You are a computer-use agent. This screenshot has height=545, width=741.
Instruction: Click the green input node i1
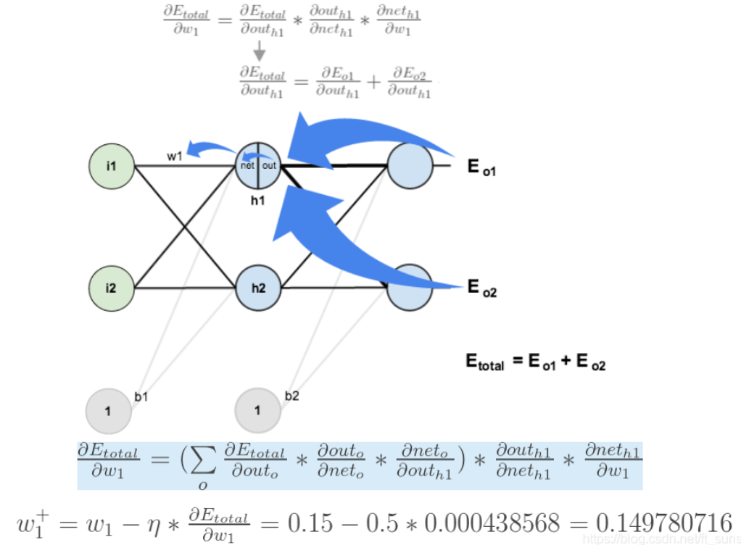[x=111, y=166]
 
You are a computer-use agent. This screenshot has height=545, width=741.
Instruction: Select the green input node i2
[x=111, y=288]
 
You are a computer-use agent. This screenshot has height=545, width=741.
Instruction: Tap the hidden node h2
[x=259, y=288]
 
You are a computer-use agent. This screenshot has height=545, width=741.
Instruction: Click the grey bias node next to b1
[x=108, y=411]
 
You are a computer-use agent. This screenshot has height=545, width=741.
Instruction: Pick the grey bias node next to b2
[x=257, y=411]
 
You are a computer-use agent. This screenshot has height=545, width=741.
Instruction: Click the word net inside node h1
[x=248, y=166]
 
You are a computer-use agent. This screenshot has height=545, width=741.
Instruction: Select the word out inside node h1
[x=269, y=166]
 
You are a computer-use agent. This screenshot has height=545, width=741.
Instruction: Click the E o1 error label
[x=482, y=167]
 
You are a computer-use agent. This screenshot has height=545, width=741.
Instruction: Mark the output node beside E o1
[x=410, y=166]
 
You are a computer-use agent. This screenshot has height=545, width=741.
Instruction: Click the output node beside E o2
[x=410, y=288]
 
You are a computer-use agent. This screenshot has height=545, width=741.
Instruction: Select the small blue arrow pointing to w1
[x=207, y=150]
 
